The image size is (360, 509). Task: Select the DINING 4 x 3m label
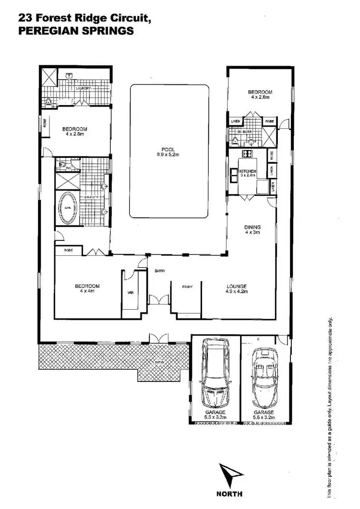252,230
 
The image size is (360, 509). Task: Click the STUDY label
187,287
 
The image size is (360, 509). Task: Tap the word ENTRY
160,271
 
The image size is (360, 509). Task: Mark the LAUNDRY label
83,89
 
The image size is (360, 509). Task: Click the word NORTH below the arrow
229,494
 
